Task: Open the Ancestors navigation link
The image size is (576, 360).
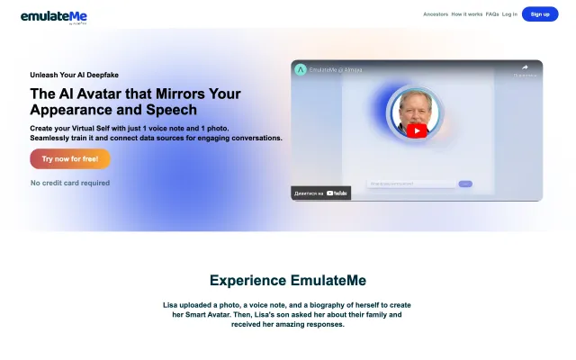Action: click(436, 14)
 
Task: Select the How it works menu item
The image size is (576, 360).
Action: click(466, 14)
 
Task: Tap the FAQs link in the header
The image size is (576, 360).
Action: click(492, 14)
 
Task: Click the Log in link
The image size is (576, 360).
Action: click(509, 14)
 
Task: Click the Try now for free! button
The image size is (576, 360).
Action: click(69, 159)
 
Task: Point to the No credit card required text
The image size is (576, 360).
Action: click(70, 183)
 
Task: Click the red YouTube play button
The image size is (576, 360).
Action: click(417, 130)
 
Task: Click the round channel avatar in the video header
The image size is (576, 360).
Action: click(301, 69)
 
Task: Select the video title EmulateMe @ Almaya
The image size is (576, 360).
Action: click(336, 69)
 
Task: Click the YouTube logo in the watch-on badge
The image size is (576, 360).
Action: click(337, 193)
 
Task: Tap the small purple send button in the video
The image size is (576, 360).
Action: click(465, 184)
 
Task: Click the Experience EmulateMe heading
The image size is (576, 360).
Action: click(288, 280)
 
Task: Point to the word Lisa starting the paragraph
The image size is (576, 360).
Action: click(171, 306)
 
